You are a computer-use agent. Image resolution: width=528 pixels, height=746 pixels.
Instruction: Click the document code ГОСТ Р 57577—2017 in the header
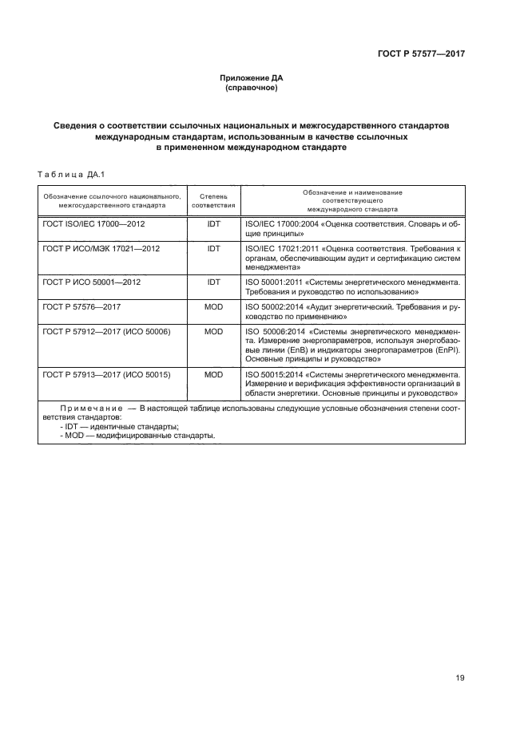421,53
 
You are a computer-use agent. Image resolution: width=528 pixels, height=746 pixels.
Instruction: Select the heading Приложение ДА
252,78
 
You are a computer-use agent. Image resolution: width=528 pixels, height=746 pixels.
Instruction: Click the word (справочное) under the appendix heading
252,88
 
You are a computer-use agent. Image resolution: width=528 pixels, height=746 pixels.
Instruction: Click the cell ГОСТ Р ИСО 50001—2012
92,282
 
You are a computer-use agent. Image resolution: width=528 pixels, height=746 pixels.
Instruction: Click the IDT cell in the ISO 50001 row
213,282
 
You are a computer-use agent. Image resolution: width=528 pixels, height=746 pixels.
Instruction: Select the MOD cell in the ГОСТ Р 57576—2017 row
213,306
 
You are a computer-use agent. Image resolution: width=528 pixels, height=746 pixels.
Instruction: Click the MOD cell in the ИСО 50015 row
213,373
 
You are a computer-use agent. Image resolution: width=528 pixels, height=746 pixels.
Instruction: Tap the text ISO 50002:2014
267,306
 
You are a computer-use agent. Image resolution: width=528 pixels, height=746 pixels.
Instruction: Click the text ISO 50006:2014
268,329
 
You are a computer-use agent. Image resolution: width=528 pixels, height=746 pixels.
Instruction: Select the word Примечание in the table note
89,408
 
